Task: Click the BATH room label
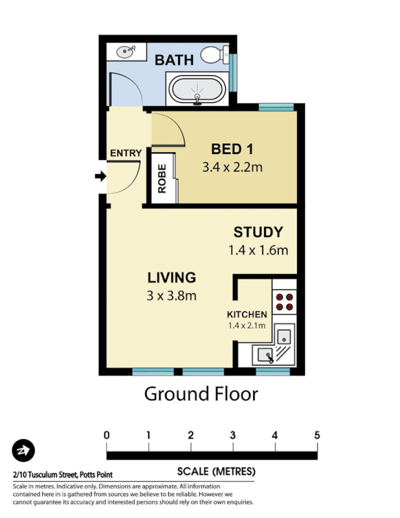tap(174, 60)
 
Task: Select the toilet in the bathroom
tap(214, 56)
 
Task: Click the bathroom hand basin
tap(127, 51)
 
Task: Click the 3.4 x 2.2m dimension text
tap(231, 168)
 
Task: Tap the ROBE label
tap(162, 179)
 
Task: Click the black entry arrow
tap(100, 176)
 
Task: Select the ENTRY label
tap(125, 153)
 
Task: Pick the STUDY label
tap(258, 232)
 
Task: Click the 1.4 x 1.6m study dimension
tap(258, 250)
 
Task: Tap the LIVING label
tap(172, 278)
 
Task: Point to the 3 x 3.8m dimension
tap(172, 296)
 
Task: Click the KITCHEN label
tap(247, 314)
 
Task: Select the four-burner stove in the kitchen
tap(283, 302)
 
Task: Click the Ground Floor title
tap(201, 393)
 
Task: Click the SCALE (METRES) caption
tap(216, 471)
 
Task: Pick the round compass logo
tap(23, 451)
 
